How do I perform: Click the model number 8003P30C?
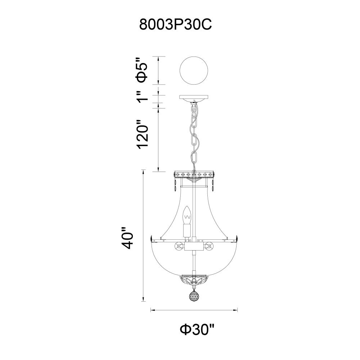(176, 24)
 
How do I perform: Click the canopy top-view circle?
(194, 71)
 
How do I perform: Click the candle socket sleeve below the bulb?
(187, 230)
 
